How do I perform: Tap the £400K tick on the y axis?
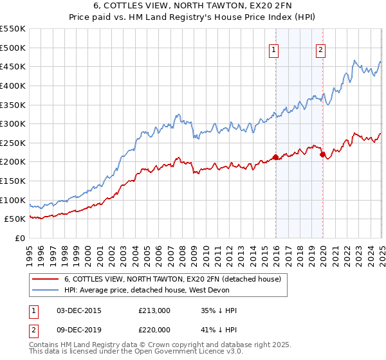coord(13,85)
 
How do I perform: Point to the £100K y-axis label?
coord(13,200)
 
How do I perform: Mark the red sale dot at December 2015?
coord(275,157)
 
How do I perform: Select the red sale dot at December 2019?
coord(322,154)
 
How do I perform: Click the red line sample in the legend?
coord(44,280)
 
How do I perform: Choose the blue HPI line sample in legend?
coord(44,290)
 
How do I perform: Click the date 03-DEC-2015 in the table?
coord(78,310)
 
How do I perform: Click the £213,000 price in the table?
coord(154,310)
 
